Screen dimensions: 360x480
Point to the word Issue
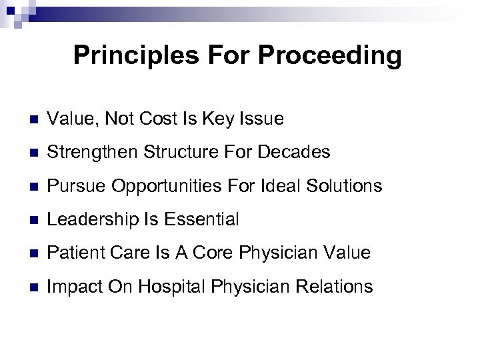coord(263,119)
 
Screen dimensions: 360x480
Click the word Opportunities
coord(158,186)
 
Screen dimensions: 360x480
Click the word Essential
coord(206,219)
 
